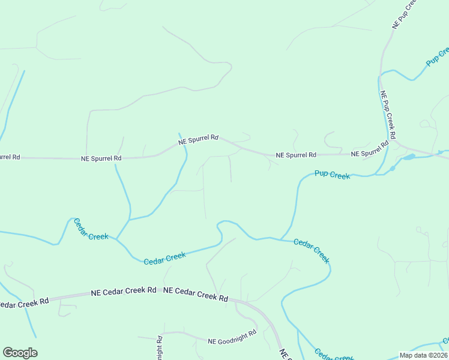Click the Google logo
click(x=20, y=353)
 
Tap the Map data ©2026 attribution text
click(x=424, y=355)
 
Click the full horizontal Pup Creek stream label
click(x=333, y=175)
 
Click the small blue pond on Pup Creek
click(x=408, y=157)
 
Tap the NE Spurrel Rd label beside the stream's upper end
click(x=198, y=140)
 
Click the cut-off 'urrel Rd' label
click(x=10, y=157)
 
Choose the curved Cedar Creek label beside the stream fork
click(x=91, y=229)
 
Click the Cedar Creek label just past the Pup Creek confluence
click(x=312, y=251)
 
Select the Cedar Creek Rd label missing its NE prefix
click(x=24, y=303)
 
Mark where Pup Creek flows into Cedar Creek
click(x=280, y=239)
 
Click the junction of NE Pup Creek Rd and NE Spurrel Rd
click(x=395, y=144)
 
